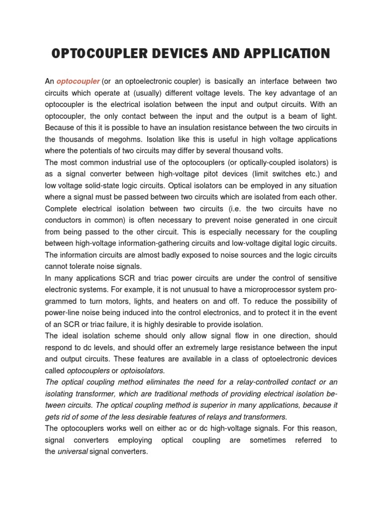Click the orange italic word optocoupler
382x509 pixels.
(x=78, y=81)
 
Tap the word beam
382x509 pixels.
(x=308, y=116)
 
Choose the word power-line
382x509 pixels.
(x=62, y=313)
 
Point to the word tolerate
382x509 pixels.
(x=87, y=266)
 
